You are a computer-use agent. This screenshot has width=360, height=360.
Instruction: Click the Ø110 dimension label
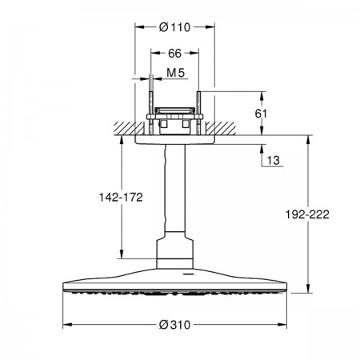(174, 27)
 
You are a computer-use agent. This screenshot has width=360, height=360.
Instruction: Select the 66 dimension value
(174, 54)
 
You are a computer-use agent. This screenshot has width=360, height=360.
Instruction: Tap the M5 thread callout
(176, 73)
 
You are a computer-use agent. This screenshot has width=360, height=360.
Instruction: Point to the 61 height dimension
(261, 114)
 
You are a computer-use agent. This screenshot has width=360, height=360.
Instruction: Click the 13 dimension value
(274, 161)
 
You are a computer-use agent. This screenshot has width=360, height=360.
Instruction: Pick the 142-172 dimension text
(121, 198)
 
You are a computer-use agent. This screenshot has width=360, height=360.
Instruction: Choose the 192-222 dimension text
(307, 214)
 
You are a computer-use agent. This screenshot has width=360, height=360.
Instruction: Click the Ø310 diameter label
(174, 325)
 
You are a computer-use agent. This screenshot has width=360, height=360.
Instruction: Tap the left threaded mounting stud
(151, 114)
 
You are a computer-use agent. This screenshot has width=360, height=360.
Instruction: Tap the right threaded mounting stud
(198, 114)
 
